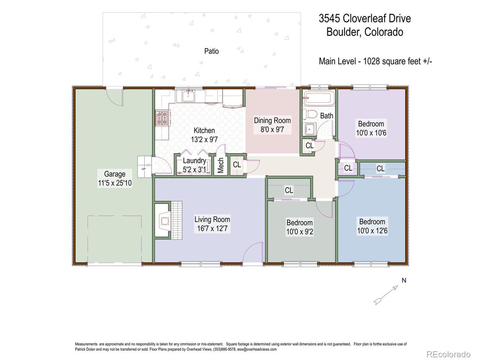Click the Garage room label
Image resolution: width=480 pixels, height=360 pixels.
click(114, 174)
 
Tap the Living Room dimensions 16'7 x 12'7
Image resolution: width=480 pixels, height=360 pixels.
click(212, 228)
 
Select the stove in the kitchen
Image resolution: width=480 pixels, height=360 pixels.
click(162, 117)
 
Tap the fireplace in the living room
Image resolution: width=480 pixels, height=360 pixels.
click(164, 220)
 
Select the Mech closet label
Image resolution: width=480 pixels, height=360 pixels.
click(221, 165)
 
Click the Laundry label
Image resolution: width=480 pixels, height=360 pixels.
click(194, 161)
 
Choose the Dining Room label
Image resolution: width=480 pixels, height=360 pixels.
click(272, 120)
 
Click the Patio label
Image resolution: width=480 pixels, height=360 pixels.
click(211, 51)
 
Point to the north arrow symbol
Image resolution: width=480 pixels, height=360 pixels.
click(386, 294)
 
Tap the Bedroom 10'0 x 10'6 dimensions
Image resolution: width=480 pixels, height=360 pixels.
click(371, 133)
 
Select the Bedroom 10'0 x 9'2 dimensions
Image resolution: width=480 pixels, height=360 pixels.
click(300, 232)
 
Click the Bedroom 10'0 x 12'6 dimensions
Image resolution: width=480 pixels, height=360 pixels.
click(372, 231)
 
